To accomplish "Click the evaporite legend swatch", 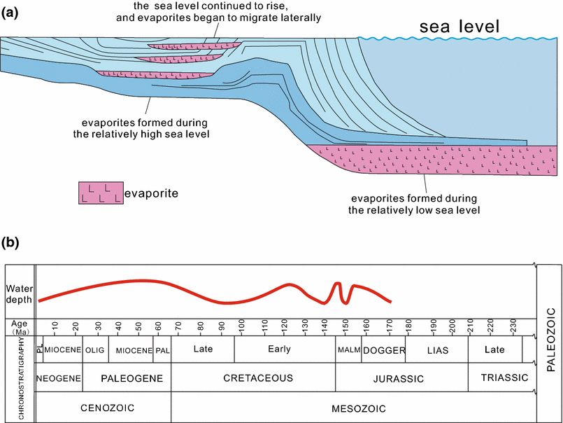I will (x=99, y=194).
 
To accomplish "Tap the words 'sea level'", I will (x=459, y=27).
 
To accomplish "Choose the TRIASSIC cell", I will (x=504, y=378).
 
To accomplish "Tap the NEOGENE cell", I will (x=59, y=378).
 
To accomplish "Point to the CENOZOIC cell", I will (x=102, y=408).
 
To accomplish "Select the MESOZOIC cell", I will (x=353, y=408).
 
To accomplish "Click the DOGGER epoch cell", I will (x=383, y=349).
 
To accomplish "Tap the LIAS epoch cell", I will (x=436, y=349).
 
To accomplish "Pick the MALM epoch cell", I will (x=348, y=349).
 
